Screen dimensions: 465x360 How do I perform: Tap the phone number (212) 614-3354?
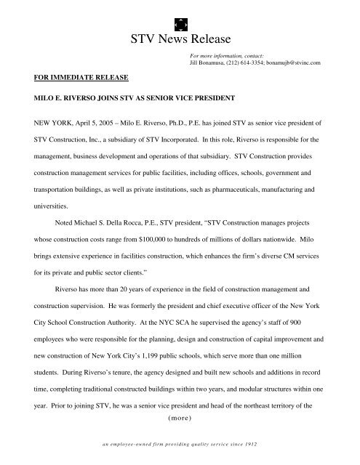coord(252,64)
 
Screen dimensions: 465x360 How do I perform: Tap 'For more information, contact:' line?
coord(226,55)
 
